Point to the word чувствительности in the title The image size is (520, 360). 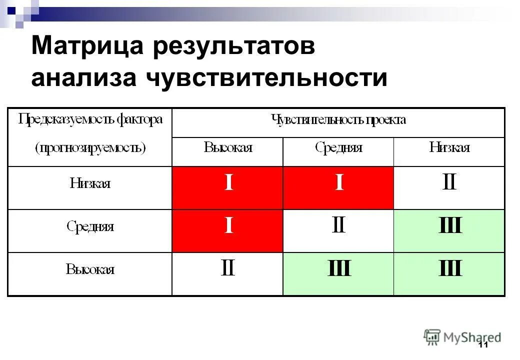point(266,78)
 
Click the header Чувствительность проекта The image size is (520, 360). point(338,120)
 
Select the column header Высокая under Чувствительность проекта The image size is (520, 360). point(227,147)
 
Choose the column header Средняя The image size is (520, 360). point(338,147)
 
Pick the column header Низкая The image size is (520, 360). point(449,147)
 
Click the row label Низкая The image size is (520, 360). point(90,183)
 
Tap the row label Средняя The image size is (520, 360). point(90,226)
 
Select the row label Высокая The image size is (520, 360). point(90,270)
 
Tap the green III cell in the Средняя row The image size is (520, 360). point(449,226)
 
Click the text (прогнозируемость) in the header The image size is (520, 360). point(90,148)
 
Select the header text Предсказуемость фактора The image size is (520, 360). point(90,120)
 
